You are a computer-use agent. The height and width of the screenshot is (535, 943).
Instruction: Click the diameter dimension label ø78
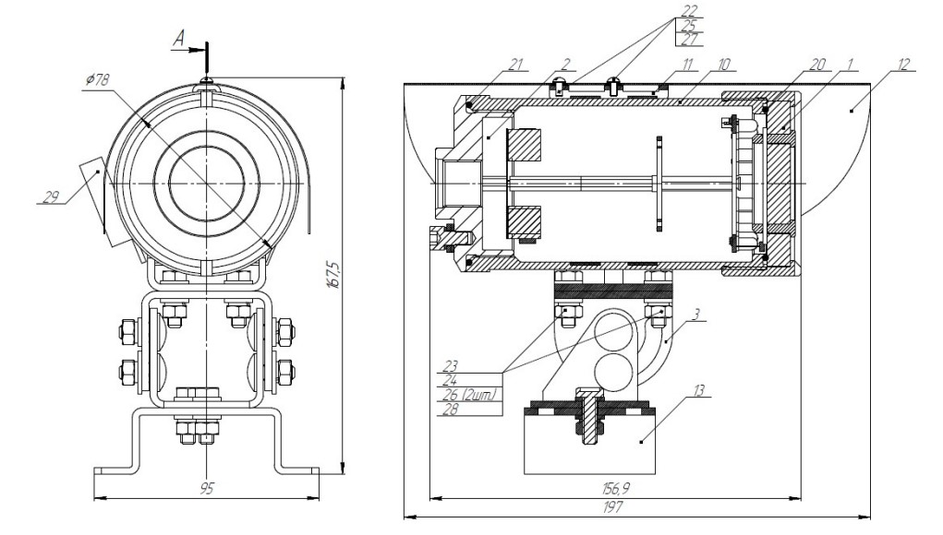click(97, 79)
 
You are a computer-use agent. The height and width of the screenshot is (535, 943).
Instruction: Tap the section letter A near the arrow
click(179, 40)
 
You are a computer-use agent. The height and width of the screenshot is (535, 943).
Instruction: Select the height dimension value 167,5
click(333, 274)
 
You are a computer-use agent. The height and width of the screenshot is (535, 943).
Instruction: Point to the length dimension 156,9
click(615, 488)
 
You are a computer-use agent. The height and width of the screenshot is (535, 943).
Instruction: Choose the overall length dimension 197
click(613, 507)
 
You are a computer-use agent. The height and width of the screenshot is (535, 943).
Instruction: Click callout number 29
click(52, 196)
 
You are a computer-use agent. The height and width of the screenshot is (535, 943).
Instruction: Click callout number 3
click(696, 315)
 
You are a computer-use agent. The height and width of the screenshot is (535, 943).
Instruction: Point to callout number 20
click(817, 65)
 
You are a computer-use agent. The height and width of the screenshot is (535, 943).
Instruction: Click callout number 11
click(688, 65)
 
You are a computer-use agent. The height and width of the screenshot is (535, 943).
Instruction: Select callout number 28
click(451, 410)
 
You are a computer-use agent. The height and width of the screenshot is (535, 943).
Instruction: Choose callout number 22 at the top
click(690, 10)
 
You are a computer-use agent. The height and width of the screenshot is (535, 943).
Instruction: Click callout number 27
click(690, 40)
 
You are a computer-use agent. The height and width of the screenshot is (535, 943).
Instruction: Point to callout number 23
click(451, 365)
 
